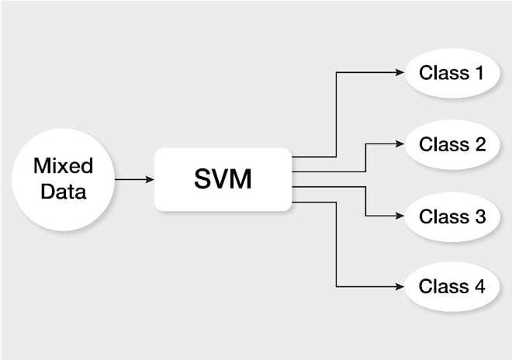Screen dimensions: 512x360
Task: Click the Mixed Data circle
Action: pos(64,179)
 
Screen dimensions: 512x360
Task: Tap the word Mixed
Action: pos(64,165)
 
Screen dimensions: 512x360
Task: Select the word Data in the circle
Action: pos(64,192)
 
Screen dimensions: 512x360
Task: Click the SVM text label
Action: pos(223,178)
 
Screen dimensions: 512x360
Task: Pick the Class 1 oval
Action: pos(452,73)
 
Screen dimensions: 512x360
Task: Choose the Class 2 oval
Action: pos(452,144)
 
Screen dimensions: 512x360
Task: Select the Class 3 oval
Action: pos(452,216)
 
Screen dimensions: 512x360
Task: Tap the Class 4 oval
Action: pos(452,286)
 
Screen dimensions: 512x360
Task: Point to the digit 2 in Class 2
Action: pos(480,144)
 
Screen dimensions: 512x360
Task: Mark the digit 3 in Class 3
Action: pos(480,216)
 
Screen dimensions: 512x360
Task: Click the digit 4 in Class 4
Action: pos(479,286)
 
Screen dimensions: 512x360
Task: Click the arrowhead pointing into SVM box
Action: pos(150,179)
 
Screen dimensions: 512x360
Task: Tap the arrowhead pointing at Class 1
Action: pos(400,72)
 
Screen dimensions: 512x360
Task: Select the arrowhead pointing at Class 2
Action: pos(400,144)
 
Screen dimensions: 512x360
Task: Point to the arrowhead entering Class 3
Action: pos(400,216)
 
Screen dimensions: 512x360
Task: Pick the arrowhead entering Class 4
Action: pos(400,287)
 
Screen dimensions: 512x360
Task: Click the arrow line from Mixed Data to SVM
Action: pos(134,179)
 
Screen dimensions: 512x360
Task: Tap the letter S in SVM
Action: pos(203,178)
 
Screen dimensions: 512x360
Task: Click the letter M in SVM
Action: pos(241,178)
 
